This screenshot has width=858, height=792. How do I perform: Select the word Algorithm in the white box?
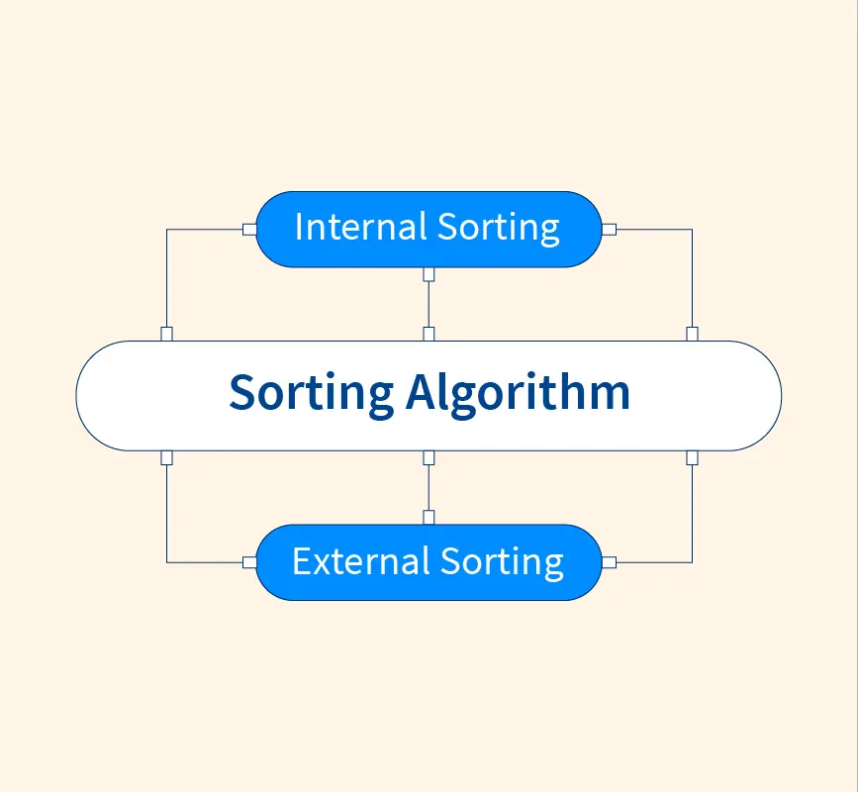tap(518, 392)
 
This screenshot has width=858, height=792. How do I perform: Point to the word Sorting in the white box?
tap(311, 393)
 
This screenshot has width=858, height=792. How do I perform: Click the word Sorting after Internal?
tap(499, 229)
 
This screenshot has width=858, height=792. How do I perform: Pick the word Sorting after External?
tap(502, 562)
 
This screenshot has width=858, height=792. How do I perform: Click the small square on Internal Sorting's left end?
tap(248, 229)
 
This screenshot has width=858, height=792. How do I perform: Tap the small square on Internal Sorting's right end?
tap(610, 229)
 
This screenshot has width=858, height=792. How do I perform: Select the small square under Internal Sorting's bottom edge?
tap(429, 273)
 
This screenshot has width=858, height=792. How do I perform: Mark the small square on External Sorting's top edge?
tap(429, 517)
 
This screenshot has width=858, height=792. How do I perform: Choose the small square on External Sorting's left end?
tap(248, 561)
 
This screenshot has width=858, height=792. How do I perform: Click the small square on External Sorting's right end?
tap(610, 561)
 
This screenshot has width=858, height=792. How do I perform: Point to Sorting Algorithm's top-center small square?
tap(429, 334)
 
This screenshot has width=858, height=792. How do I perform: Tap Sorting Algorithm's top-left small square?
tap(166, 334)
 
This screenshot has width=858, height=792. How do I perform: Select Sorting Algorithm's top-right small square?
tap(692, 334)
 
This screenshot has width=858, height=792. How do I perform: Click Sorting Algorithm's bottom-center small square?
tap(429, 457)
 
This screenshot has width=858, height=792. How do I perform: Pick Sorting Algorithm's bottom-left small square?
tap(166, 457)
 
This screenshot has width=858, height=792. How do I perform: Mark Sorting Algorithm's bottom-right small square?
tap(692, 457)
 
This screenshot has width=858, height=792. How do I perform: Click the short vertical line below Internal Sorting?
tap(429, 304)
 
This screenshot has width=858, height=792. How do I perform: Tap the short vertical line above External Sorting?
tap(429, 487)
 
